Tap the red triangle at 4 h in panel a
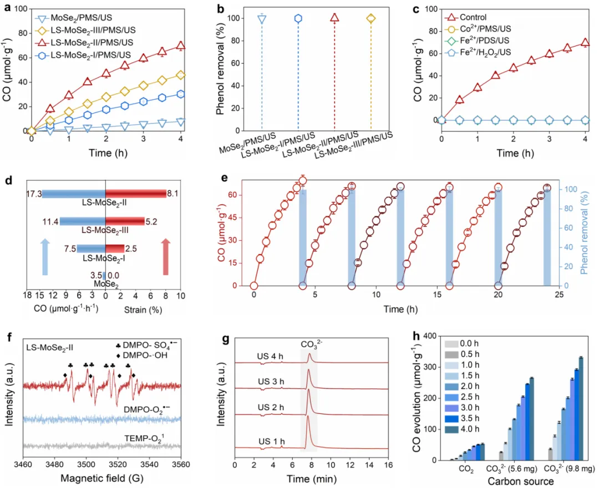tap(180, 46)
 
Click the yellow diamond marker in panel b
tap(370, 18)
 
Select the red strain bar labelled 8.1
tap(136, 193)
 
